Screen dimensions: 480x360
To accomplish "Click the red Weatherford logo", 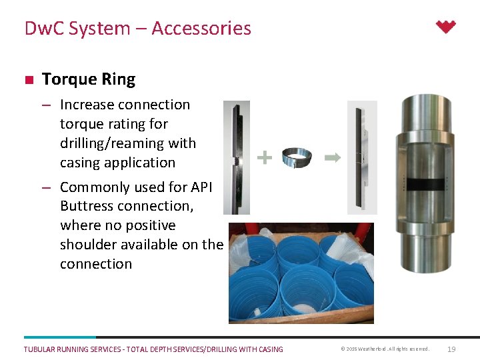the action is click(x=445, y=27).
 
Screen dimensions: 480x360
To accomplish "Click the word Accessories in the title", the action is click(x=201, y=29).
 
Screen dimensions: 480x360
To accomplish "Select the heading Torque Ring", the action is click(x=89, y=79).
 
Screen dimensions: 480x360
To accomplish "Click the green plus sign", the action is click(x=265, y=157).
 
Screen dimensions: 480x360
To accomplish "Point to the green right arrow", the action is click(x=332, y=157).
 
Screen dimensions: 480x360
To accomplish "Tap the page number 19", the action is click(x=451, y=349).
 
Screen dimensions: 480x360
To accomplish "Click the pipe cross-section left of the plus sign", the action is click(x=236, y=157).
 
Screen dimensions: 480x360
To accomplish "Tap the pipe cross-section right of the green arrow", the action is click(x=362, y=157).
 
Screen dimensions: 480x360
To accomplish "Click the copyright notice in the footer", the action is click(x=385, y=349).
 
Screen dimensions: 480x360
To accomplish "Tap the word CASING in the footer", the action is click(x=268, y=349).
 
